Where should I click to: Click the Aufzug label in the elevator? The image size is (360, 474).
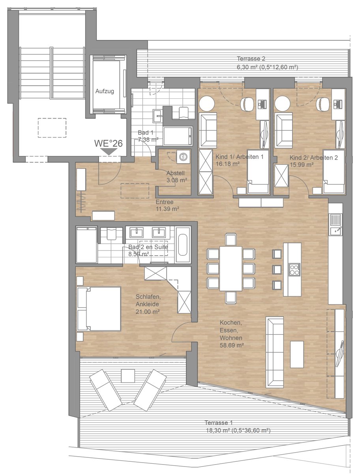105,91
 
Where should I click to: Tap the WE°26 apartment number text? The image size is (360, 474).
109,143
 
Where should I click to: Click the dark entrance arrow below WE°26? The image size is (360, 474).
109,152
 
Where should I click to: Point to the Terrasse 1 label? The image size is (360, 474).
219,422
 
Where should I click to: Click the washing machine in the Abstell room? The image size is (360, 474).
183,156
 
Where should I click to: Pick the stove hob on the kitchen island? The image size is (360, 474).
294,270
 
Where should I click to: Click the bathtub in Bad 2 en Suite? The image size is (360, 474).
183,244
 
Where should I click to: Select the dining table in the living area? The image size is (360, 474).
231,269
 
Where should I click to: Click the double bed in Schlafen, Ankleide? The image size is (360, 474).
99,309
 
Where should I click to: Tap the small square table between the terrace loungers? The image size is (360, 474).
128,376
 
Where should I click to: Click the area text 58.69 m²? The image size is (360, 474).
232,345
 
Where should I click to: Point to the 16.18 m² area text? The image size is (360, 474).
228,164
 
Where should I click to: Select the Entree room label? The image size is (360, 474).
165,202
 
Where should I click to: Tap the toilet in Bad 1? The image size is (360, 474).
184,113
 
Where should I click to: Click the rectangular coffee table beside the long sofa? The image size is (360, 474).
297,354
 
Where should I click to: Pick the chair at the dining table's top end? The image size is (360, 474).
231,239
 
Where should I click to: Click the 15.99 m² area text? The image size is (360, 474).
302,165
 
